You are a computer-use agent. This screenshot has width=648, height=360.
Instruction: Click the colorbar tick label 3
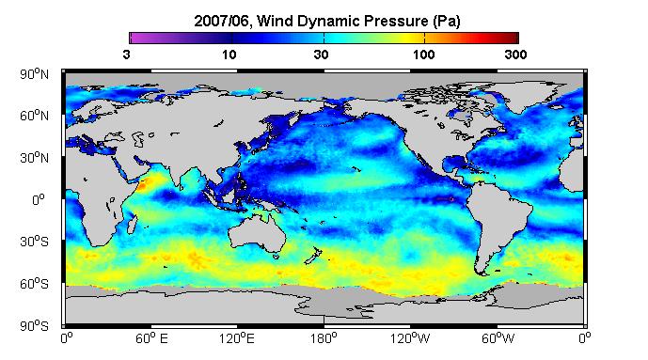coord(126,55)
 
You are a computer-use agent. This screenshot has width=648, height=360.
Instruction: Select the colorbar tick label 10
coord(229,55)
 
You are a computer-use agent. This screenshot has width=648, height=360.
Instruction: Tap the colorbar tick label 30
coord(321,55)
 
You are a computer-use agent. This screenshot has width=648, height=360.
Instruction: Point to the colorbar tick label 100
coord(423,55)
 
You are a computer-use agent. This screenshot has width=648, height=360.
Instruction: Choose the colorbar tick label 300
coord(515,55)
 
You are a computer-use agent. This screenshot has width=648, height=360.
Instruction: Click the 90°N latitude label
coord(34,74)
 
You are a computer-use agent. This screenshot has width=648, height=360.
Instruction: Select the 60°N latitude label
coord(34,116)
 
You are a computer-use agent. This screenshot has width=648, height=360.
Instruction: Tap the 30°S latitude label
coord(34,242)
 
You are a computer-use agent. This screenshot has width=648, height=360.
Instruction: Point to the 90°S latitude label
coord(34,326)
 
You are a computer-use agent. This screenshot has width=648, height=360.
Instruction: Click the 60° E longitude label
coord(151,338)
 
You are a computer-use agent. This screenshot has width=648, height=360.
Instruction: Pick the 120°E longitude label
coord(237,338)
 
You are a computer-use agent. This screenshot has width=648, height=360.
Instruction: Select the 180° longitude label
coord(324,338)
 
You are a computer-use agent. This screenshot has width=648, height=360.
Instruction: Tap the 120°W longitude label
coord(410,338)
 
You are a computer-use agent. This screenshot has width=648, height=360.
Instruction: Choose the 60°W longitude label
coord(498,338)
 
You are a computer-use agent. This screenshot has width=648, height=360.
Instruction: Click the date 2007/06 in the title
coord(222,21)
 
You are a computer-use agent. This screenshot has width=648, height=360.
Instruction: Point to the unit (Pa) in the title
coord(447,21)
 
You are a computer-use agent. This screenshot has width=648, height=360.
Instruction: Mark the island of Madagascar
coord(132,224)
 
